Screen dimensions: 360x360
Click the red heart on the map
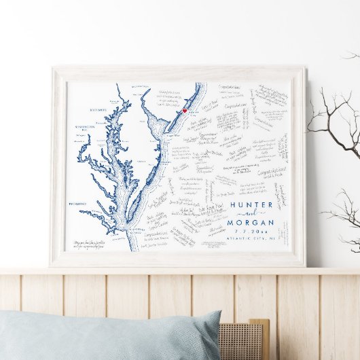pos(184,110)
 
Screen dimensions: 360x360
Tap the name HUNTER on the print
pos(251,204)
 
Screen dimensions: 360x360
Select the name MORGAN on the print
pos(251,222)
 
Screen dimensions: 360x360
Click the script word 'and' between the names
pos(251,213)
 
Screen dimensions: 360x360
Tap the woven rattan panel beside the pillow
pos(241,340)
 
